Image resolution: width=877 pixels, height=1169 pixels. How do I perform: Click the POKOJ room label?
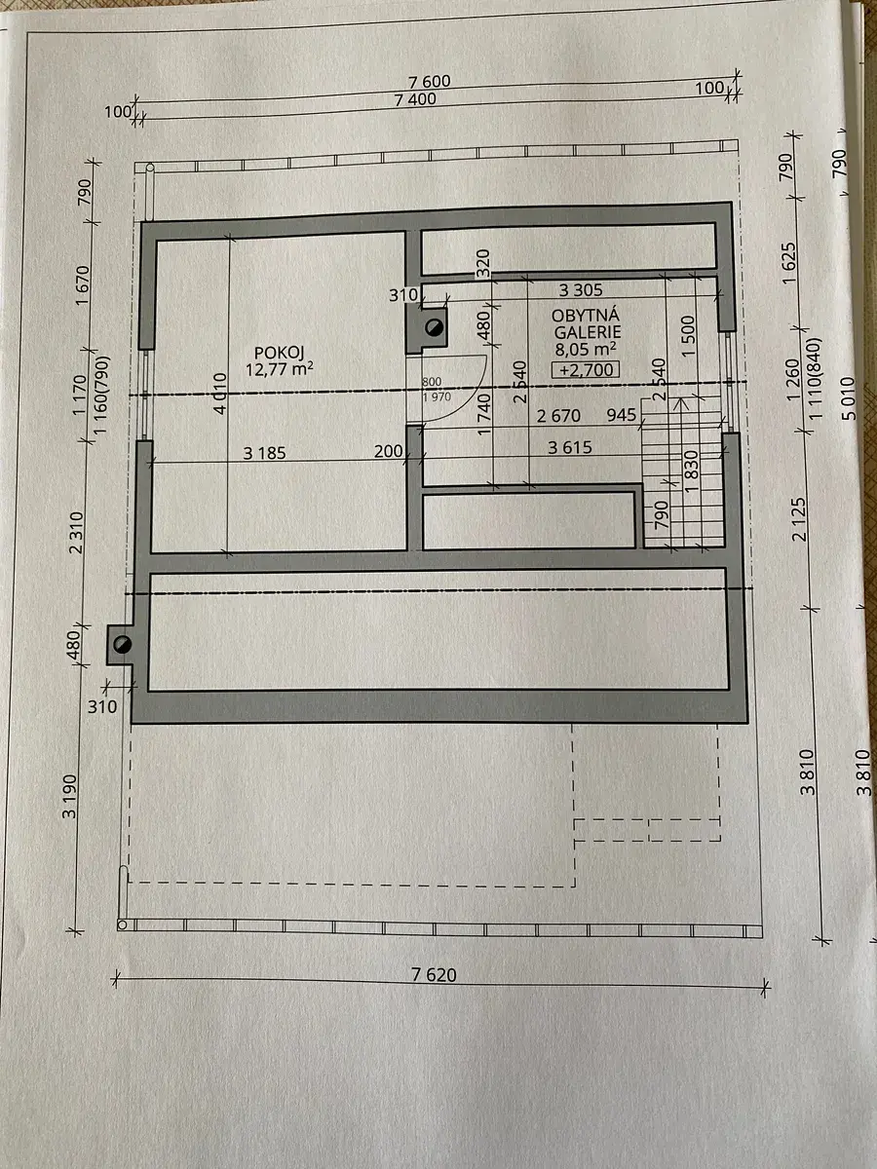point(279,353)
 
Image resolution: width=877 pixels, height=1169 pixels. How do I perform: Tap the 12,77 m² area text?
point(279,369)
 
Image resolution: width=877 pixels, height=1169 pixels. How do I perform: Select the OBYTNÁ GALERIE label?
point(587,323)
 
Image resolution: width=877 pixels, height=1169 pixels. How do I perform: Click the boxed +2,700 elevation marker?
point(586,369)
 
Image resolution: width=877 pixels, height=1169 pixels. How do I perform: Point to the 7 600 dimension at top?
point(430,82)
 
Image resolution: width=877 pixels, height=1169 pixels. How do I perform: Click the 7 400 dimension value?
point(415,99)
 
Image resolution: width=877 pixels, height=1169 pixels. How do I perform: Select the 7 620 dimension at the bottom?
point(434,974)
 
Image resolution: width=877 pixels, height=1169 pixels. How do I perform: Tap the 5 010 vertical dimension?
point(850,398)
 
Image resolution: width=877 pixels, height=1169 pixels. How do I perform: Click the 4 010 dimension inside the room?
point(219,393)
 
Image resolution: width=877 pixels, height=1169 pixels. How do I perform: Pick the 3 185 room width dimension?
point(265,453)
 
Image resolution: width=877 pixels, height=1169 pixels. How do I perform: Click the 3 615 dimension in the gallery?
point(570,447)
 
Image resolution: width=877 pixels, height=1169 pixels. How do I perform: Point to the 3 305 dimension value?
point(581,290)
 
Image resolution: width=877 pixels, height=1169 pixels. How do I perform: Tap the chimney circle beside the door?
point(434,327)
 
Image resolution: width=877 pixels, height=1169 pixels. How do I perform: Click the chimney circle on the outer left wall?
point(123,645)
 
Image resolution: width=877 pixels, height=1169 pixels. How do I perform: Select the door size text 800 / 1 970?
point(437,390)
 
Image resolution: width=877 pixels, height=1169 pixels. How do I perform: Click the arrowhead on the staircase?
point(680,403)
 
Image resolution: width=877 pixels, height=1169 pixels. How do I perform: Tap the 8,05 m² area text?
point(586,350)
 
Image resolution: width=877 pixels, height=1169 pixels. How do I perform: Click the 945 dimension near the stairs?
point(622,415)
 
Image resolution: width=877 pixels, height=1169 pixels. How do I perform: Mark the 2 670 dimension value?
point(558,416)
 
